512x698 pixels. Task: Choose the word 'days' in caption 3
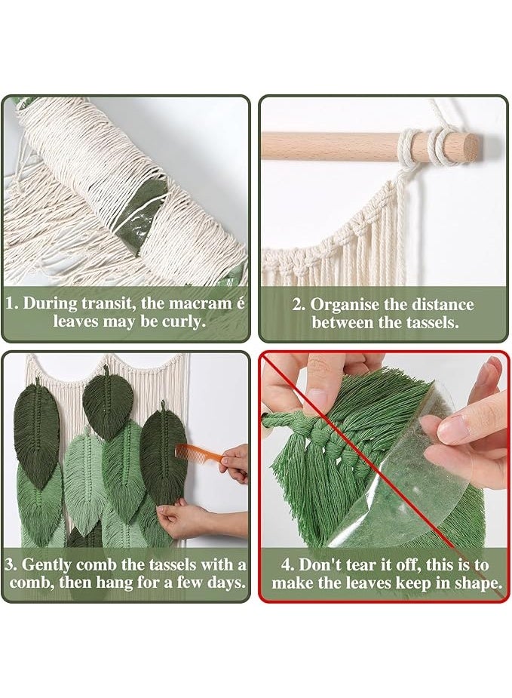click(x=225, y=583)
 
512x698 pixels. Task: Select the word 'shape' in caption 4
click(x=478, y=583)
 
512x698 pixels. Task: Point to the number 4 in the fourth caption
click(x=287, y=565)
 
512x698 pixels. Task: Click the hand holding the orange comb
click(x=234, y=463)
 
